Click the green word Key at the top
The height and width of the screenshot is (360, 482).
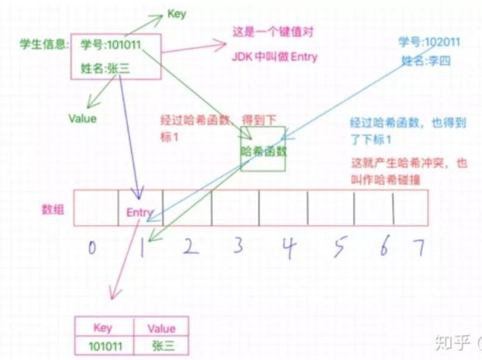pos(177,14)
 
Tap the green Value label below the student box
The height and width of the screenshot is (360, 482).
pos(82,118)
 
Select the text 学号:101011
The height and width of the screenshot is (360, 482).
pos(111,45)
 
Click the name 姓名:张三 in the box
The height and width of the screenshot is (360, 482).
pos(105,68)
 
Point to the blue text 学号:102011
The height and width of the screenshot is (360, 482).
pos(429,42)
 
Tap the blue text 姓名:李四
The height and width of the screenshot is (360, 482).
pos(425,61)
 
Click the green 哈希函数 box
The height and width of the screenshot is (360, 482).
pos(263,149)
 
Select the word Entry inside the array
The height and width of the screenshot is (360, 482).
pos(139,212)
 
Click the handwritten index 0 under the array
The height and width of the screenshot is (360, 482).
pos(92,247)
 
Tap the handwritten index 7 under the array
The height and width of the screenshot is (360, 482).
pos(419,247)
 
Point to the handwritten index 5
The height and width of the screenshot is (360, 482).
pos(340,247)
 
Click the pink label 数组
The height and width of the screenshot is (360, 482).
pos(53,210)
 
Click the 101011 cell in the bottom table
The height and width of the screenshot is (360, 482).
pos(105,346)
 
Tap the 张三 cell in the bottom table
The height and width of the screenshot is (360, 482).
pos(161,346)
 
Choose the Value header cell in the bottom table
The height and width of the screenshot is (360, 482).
pos(161,327)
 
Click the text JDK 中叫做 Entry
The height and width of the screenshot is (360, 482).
pos(274,57)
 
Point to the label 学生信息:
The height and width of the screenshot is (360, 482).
pos(45,45)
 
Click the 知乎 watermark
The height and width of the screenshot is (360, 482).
pos(453,341)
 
